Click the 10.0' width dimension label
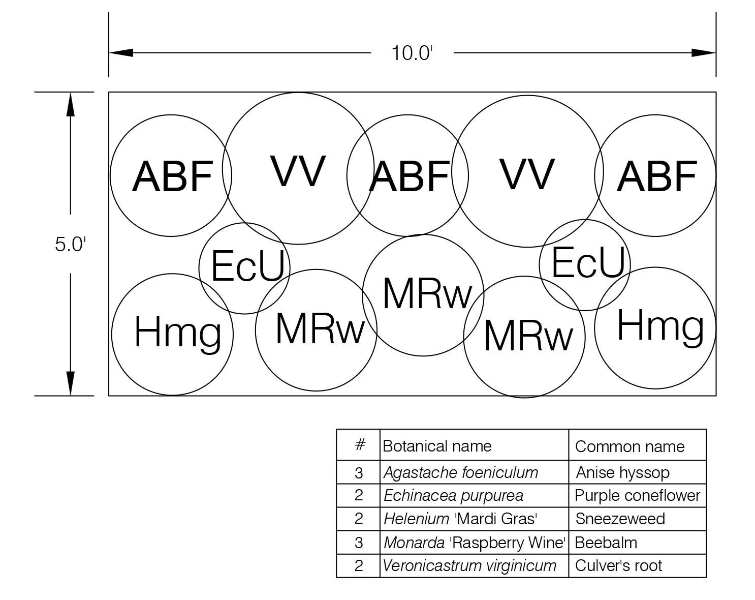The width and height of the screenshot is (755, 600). pyautogui.click(x=412, y=53)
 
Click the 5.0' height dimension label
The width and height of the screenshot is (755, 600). pyautogui.click(x=70, y=244)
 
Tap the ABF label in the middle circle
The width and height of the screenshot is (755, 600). pyautogui.click(x=410, y=176)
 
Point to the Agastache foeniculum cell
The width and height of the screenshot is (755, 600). pyautogui.click(x=461, y=472)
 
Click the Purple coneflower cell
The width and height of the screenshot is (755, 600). pyautogui.click(x=637, y=495)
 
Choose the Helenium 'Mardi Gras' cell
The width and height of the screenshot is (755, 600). pyautogui.click(x=460, y=519)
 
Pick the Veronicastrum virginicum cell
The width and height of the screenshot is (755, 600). pyautogui.click(x=469, y=565)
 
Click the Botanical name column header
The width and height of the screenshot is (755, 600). pyautogui.click(x=437, y=446)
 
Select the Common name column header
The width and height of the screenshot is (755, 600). pyautogui.click(x=630, y=446)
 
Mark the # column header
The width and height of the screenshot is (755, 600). pyautogui.click(x=359, y=445)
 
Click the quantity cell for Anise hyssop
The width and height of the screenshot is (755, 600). pyautogui.click(x=359, y=473)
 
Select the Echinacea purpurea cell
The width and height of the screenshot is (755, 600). pyautogui.click(x=453, y=495)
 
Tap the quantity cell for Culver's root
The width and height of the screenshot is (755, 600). pyautogui.click(x=359, y=565)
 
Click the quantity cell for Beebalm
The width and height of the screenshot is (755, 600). pyautogui.click(x=359, y=543)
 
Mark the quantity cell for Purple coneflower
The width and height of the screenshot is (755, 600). pyautogui.click(x=359, y=495)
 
